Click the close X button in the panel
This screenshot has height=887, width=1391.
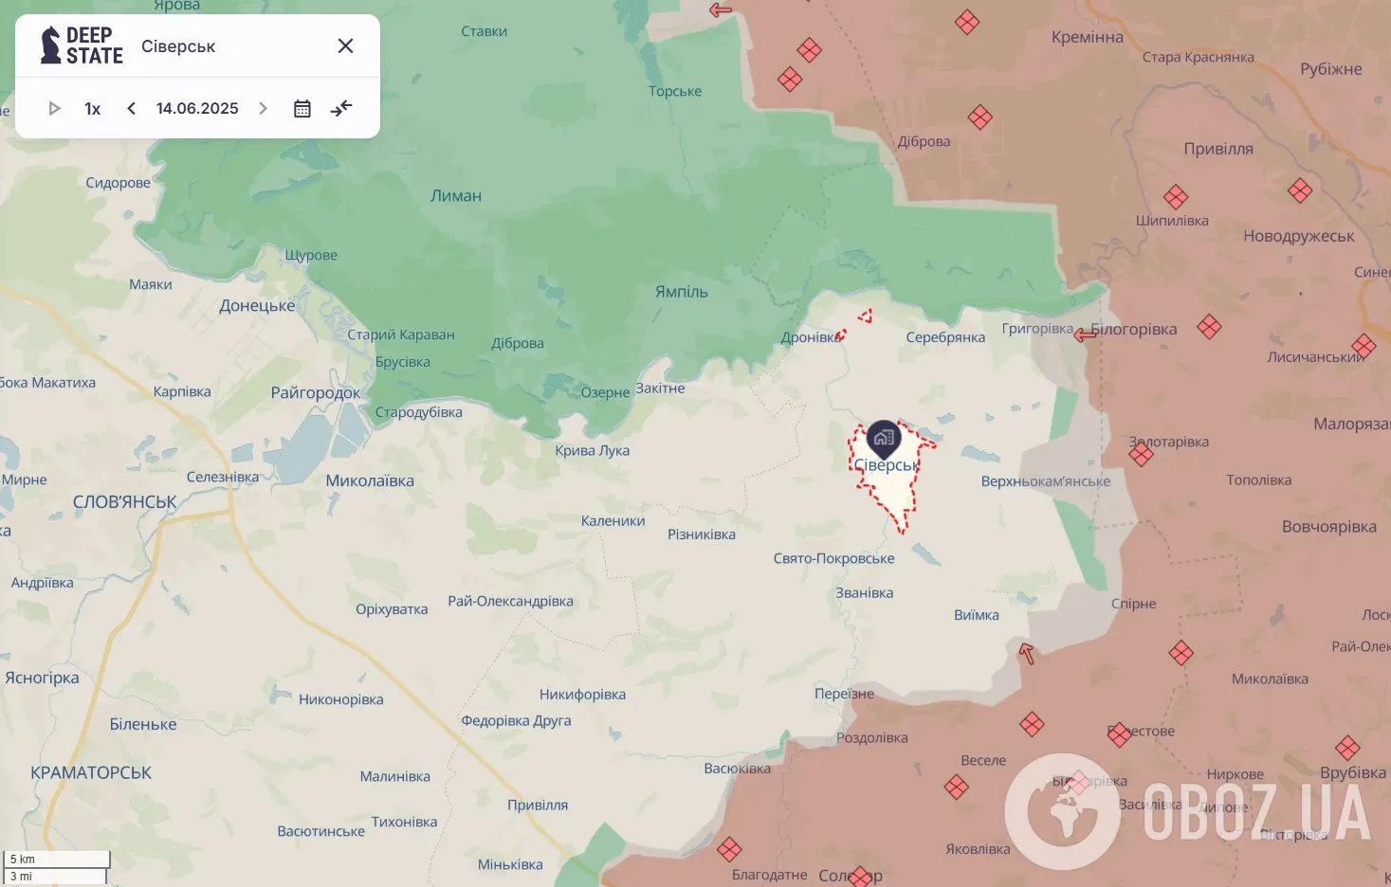tap(345, 46)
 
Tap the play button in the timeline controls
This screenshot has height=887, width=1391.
tap(54, 109)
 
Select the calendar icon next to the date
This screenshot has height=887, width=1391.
tap(302, 109)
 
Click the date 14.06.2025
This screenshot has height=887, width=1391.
tap(197, 109)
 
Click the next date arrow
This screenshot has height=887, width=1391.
tap(264, 109)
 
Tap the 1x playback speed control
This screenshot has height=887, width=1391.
tap(92, 109)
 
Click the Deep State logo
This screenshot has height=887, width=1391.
tap(82, 45)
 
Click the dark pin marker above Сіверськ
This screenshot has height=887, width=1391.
tap(884, 438)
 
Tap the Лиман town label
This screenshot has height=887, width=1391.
tap(456, 196)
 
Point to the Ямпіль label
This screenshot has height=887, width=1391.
tap(682, 292)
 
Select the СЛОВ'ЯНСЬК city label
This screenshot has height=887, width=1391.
tap(125, 502)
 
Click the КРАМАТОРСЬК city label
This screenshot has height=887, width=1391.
tap(91, 773)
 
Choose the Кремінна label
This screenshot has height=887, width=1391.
tap(1088, 38)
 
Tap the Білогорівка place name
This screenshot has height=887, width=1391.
tap(1134, 330)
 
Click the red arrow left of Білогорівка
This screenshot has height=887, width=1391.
tap(1085, 335)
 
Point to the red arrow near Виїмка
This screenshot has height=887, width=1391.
tap(1026, 652)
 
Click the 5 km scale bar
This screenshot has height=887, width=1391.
tap(57, 860)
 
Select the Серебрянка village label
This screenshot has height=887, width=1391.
tap(945, 337)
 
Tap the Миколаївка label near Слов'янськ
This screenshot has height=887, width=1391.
tap(370, 481)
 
